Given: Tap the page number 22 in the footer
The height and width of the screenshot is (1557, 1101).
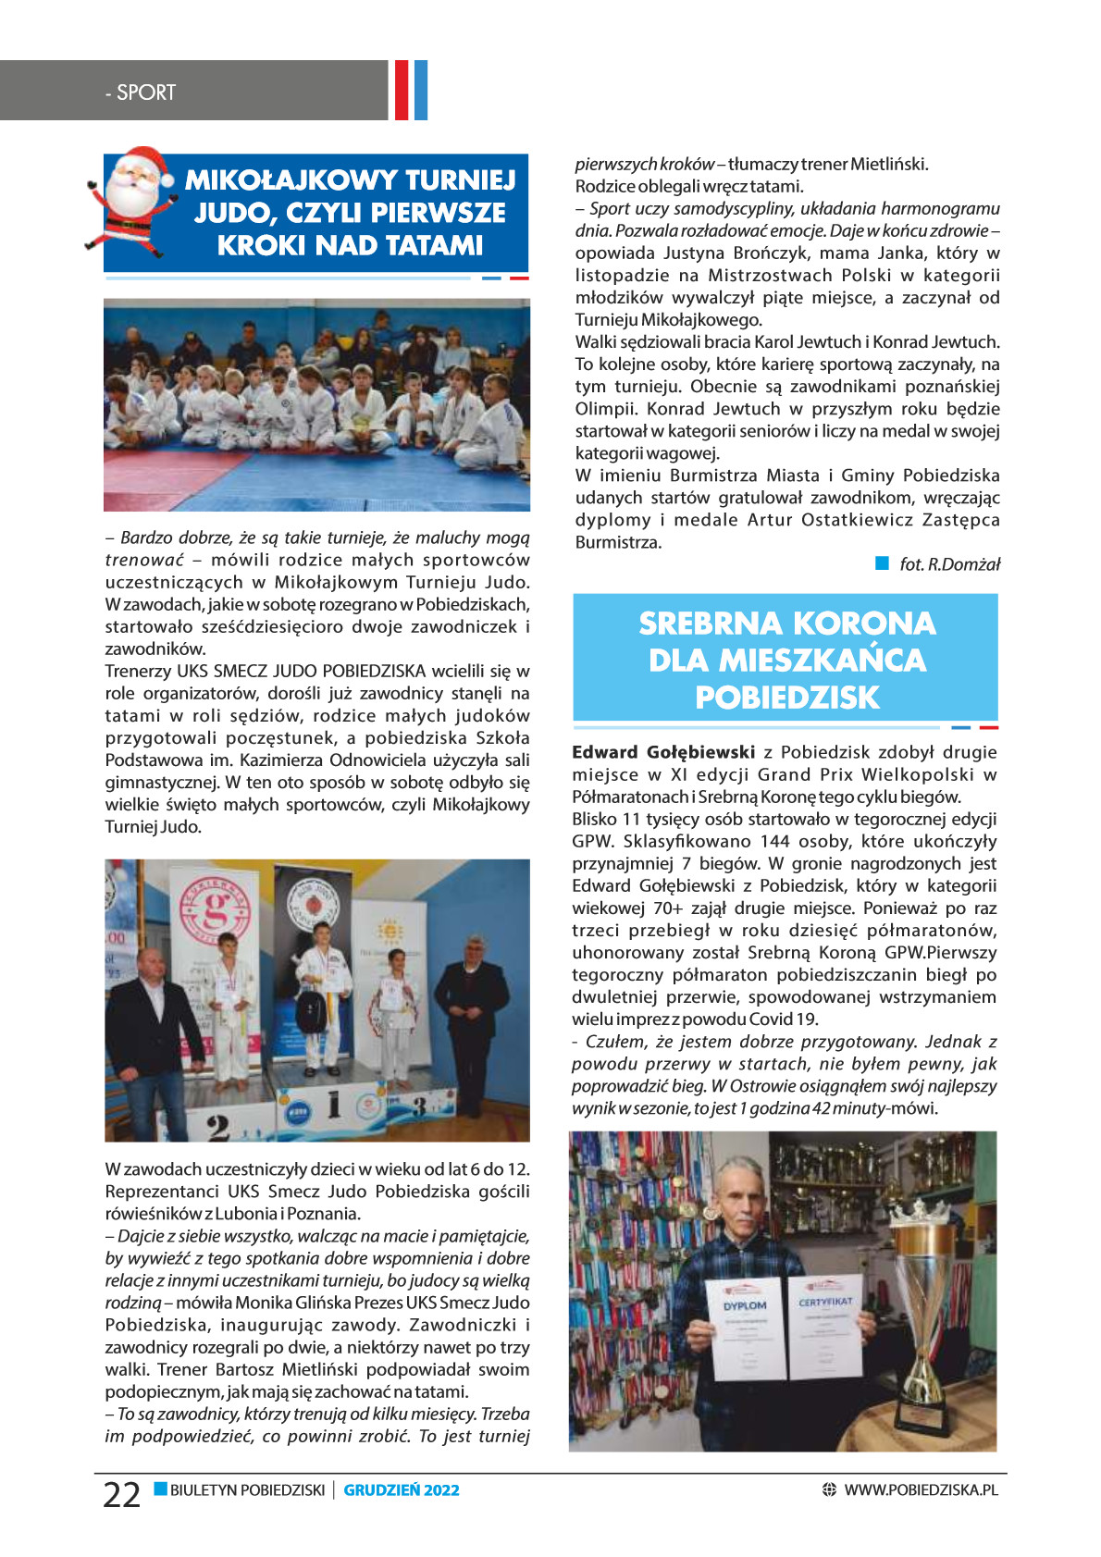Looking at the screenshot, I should [x=121, y=1494].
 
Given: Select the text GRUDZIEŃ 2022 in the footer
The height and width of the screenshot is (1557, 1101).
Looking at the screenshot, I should [x=402, y=1489].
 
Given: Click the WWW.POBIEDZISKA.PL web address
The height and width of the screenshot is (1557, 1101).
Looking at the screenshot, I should [x=921, y=1489].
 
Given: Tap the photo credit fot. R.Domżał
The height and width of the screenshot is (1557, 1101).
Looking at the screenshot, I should [x=949, y=564].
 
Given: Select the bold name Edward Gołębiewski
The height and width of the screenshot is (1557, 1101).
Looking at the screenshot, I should [x=663, y=752].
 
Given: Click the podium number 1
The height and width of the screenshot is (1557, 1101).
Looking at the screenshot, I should [x=334, y=1104].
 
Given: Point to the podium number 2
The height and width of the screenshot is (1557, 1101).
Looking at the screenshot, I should [x=218, y=1127].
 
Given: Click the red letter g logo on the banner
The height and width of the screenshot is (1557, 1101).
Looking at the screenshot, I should [x=215, y=908].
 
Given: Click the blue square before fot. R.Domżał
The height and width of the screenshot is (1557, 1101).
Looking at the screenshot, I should [x=882, y=563].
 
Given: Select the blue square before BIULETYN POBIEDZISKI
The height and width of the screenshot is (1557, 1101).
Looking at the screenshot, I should [x=161, y=1489].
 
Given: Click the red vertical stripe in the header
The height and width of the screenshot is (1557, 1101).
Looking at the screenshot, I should [x=402, y=90].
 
